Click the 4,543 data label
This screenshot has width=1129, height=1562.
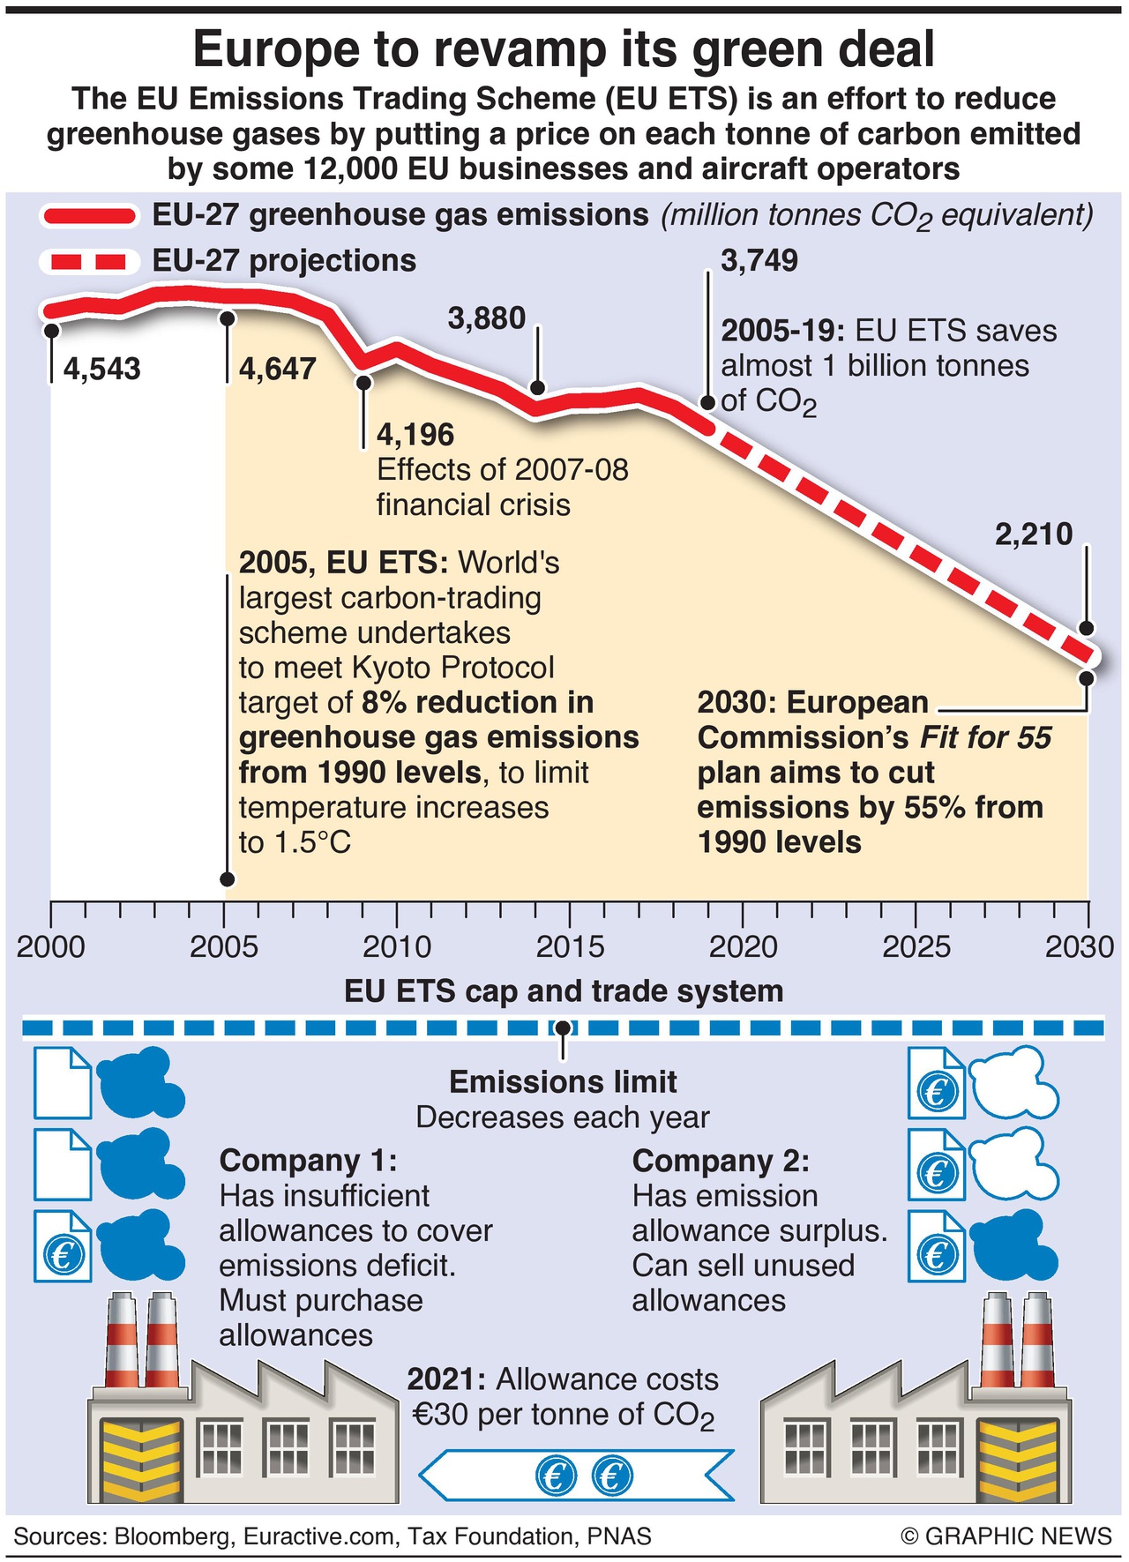[102, 369]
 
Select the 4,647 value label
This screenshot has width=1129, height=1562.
[277, 369]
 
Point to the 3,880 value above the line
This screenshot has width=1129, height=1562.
[486, 318]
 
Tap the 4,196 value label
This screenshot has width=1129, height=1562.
[415, 435]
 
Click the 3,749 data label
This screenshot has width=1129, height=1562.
[759, 261]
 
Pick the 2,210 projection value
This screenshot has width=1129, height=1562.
[1034, 534]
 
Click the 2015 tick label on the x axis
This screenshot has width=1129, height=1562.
[570, 947]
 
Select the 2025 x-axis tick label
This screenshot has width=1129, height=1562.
[916, 947]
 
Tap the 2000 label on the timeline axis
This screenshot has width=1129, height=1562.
[51, 947]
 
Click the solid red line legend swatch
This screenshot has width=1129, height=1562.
[89, 216]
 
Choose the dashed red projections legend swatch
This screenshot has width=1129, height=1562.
[89, 262]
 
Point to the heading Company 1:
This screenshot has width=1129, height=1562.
[308, 1161]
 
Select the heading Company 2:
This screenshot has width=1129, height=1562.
[721, 1161]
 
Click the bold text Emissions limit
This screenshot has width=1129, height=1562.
[563, 1082]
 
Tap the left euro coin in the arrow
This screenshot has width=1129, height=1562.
[556, 1476]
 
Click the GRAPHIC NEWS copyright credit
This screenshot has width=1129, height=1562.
[1006, 1536]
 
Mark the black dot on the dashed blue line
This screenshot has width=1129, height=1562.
[563, 1028]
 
